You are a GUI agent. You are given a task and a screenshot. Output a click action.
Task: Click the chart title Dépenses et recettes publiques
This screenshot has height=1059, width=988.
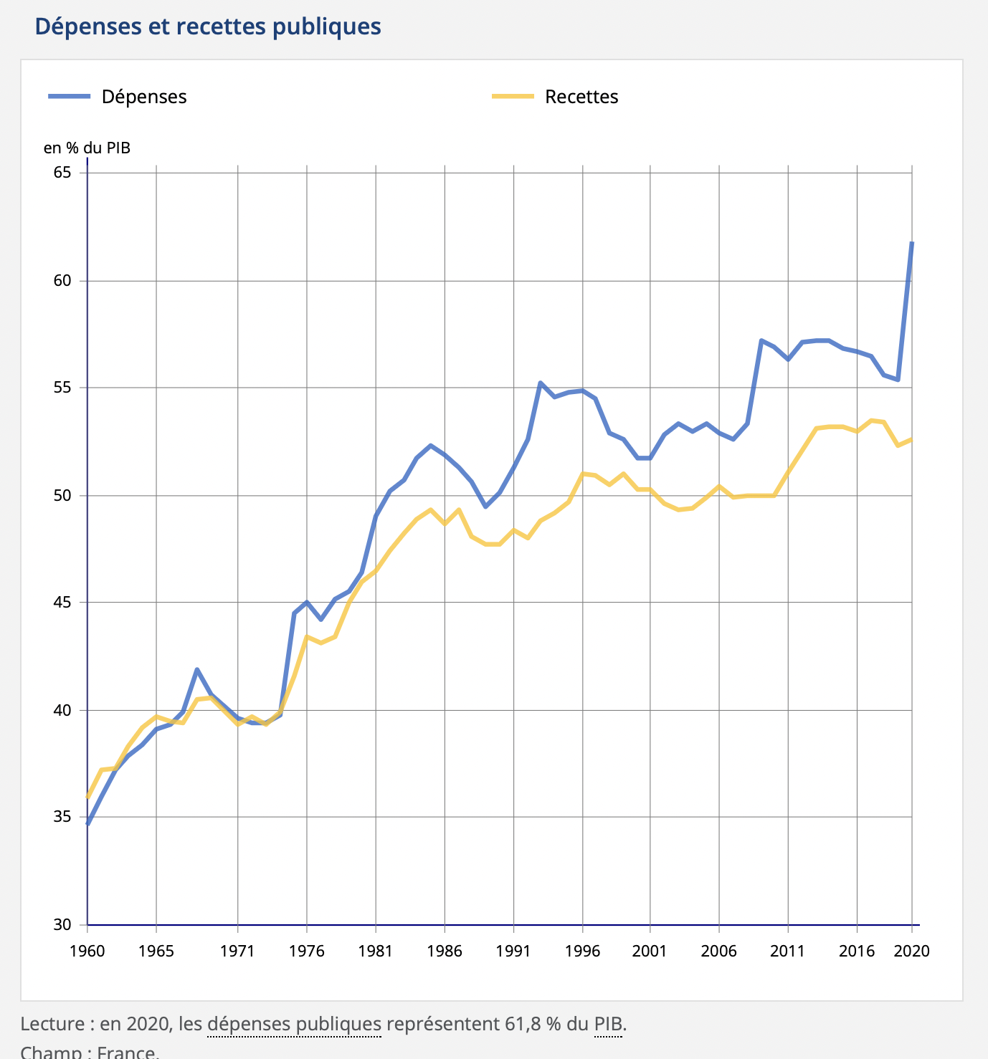(x=208, y=27)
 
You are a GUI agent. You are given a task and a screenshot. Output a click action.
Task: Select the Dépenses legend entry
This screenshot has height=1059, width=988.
(x=143, y=97)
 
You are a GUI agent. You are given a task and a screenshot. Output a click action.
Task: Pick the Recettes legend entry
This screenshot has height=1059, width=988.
(x=581, y=97)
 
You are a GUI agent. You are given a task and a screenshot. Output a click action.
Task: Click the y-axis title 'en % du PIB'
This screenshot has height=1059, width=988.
(x=87, y=148)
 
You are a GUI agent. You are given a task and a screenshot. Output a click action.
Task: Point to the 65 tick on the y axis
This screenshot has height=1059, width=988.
(x=62, y=173)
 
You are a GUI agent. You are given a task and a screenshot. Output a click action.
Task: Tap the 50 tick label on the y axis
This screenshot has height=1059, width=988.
(x=62, y=495)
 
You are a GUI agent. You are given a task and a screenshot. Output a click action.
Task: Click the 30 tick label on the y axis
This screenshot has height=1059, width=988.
(x=62, y=924)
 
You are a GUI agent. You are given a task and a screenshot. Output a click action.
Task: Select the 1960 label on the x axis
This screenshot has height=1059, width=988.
(x=87, y=952)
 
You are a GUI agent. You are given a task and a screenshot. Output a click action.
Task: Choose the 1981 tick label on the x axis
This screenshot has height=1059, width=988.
(x=376, y=952)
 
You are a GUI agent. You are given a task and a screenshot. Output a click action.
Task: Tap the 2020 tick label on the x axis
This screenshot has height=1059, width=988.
(x=912, y=952)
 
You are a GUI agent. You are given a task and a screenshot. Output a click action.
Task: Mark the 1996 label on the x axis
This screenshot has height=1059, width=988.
(x=582, y=952)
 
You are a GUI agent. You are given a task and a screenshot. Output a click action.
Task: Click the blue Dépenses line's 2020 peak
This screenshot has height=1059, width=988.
(x=911, y=244)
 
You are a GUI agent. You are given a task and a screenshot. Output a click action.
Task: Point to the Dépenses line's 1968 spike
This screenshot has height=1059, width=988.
(x=197, y=669)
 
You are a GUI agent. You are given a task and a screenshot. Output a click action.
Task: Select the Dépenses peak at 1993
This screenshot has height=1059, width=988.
(x=540, y=383)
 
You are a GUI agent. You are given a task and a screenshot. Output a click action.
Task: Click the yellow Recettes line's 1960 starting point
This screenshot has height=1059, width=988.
(x=87, y=797)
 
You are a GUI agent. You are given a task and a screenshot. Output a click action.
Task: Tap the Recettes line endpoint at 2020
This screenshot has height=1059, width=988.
(x=911, y=439)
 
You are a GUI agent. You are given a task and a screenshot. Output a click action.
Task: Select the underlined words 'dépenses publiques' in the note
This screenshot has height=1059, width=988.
(x=294, y=1024)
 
